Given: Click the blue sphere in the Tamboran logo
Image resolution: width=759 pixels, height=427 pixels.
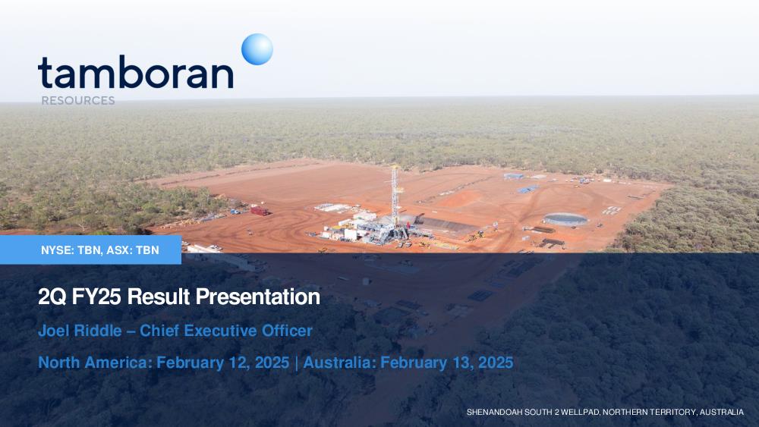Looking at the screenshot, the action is click(x=257, y=49).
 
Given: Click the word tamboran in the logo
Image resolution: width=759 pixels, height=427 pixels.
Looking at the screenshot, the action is click(x=136, y=73).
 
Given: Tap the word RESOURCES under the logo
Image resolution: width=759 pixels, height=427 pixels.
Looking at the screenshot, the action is click(x=78, y=101).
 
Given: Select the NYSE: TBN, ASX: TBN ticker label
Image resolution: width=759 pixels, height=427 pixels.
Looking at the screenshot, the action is click(x=100, y=250).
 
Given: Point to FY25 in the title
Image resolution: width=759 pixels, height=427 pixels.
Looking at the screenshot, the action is click(x=96, y=297).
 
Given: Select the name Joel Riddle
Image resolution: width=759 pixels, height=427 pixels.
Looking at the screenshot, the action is click(x=80, y=331).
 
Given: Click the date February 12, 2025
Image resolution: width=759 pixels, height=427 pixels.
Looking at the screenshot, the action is click(x=223, y=363).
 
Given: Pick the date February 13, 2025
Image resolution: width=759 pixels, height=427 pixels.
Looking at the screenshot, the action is click(x=447, y=363).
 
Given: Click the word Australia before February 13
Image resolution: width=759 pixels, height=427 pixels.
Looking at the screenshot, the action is click(x=339, y=363).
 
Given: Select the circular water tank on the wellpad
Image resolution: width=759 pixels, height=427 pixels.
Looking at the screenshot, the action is click(x=565, y=219).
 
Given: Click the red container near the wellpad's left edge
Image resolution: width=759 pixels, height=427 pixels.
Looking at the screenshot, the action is click(x=260, y=211).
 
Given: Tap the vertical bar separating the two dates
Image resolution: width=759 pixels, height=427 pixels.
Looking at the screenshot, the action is click(x=296, y=363).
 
